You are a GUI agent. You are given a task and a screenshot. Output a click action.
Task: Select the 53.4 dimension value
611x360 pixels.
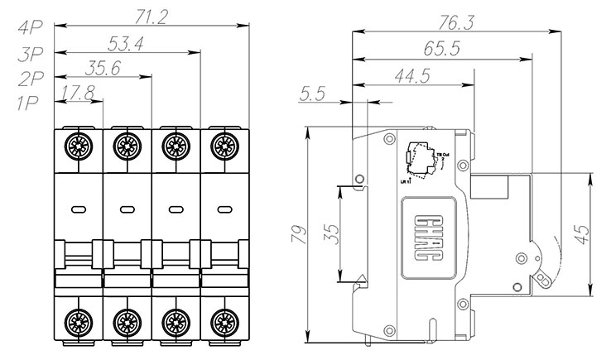pos(127,45)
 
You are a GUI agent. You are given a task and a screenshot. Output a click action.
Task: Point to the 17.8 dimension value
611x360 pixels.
pos(77,94)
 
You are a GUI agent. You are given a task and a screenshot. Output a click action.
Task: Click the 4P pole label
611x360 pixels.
pos(30,27)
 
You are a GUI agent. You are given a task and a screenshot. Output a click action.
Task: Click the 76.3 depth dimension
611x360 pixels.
pos(452,23)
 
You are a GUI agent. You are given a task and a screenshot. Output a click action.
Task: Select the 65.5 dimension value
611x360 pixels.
pos(441,50)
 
